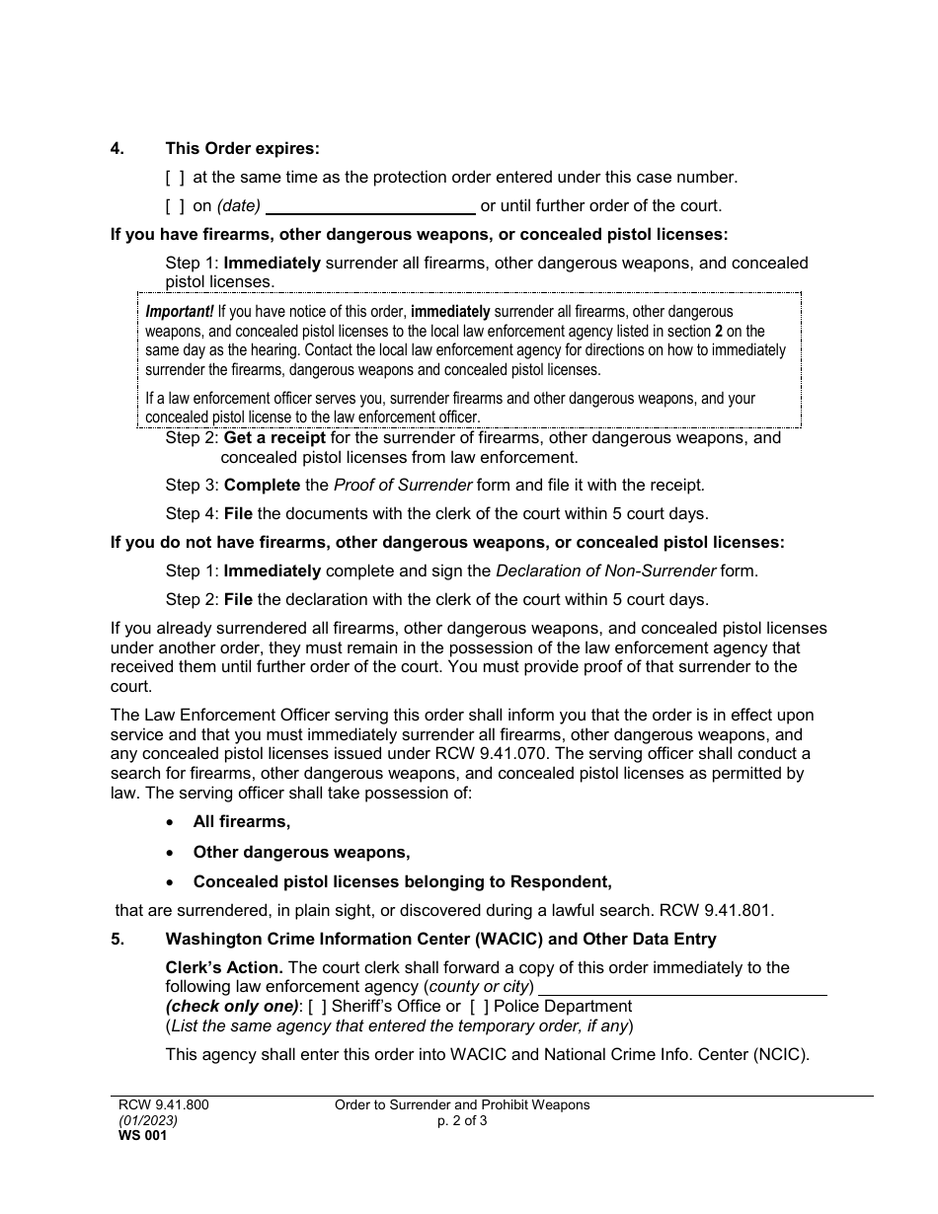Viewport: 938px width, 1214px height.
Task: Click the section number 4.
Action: [117, 149]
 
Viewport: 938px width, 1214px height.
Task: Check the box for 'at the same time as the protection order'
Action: [175, 178]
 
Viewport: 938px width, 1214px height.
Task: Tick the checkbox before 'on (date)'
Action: [175, 206]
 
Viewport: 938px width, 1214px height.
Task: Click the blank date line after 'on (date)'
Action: [371, 207]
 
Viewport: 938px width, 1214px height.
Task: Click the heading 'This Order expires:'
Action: [242, 149]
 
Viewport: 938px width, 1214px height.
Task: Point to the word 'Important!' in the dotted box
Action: [179, 312]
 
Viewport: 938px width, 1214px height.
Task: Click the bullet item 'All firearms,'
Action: [241, 822]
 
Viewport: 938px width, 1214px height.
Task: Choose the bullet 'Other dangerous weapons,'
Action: [301, 852]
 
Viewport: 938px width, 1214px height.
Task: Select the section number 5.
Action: [117, 940]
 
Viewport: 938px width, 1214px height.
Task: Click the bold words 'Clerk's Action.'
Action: [224, 968]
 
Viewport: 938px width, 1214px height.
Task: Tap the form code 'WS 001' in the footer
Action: [143, 1136]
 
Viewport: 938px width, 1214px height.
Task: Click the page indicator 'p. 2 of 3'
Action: [461, 1121]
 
